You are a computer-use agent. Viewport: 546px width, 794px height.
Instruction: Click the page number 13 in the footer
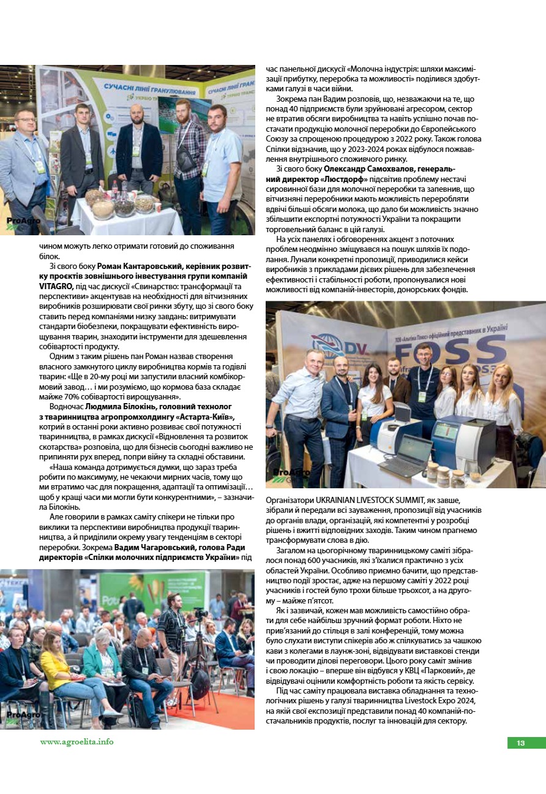(521, 743)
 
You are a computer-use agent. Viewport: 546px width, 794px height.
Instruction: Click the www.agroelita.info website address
(77, 741)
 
